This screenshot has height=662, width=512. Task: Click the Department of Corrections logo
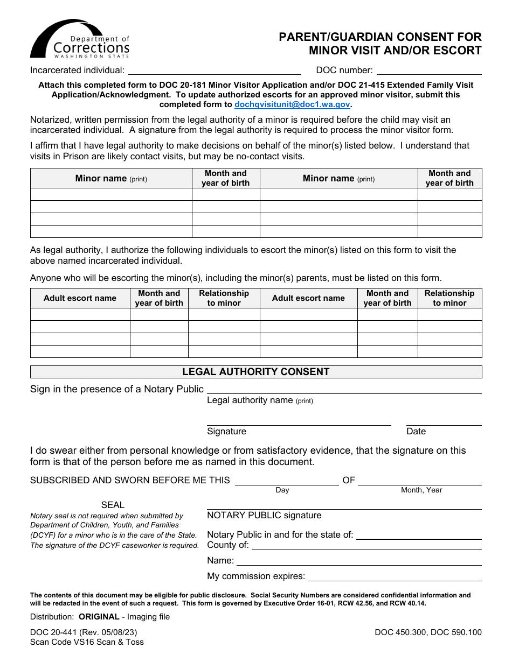pyautogui.click(x=80, y=39)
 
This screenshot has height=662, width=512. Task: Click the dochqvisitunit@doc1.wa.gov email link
pyautogui.click(x=292, y=105)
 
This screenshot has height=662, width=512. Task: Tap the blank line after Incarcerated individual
pyautogui.click(x=214, y=71)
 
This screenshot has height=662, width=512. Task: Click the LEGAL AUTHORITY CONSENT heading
pyautogui.click(x=256, y=372)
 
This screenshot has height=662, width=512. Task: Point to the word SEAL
pyautogui.click(x=113, y=505)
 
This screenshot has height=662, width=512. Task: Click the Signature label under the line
pyautogui.click(x=226, y=431)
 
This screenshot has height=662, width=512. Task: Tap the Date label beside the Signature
pyautogui.click(x=416, y=431)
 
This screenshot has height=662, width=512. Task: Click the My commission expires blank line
pyautogui.click(x=394, y=577)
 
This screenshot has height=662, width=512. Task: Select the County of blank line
pyautogui.click(x=366, y=546)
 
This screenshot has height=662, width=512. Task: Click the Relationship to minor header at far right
pyautogui.click(x=449, y=298)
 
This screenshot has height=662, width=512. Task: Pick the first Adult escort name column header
pyautogui.click(x=80, y=298)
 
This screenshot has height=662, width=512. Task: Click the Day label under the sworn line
pyautogui.click(x=282, y=490)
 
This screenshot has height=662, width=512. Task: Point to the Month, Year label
pyautogui.click(x=421, y=490)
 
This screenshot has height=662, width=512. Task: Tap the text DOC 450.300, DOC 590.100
pyautogui.click(x=428, y=632)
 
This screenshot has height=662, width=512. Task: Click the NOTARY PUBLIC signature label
pyautogui.click(x=264, y=515)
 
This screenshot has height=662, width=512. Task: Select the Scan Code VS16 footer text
pyautogui.click(x=87, y=642)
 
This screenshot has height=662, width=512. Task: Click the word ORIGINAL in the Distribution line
pyautogui.click(x=99, y=617)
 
